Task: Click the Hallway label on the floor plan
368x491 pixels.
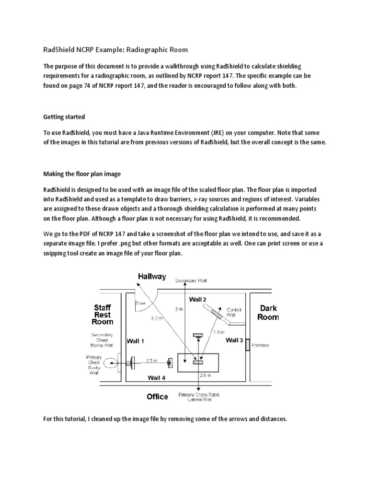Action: point(152,276)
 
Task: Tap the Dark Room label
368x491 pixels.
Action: point(268,313)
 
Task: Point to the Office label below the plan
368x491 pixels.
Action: point(157,397)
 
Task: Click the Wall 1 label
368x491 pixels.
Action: point(136,341)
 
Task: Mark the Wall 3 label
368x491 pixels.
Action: point(234,340)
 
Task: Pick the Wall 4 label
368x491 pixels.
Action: point(157,378)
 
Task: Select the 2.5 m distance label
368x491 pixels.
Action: point(151,360)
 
